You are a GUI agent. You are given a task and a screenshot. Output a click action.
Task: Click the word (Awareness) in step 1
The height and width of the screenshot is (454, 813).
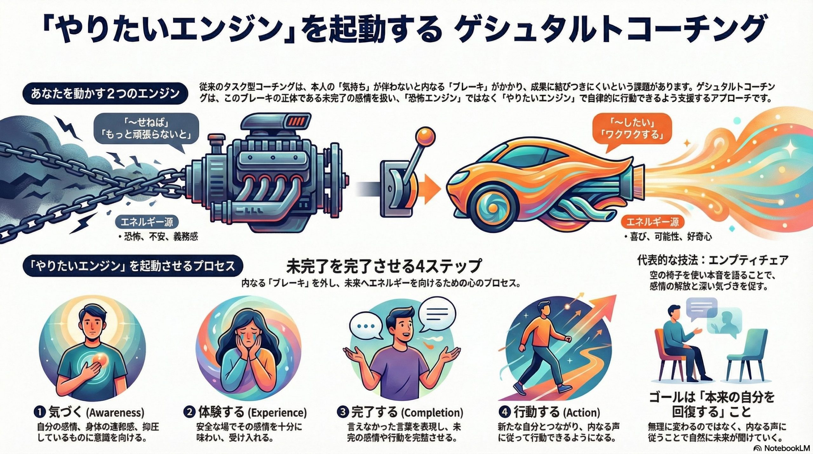tap(115, 413)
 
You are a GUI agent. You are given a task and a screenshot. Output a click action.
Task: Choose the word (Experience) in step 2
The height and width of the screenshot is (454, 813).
tap(277, 413)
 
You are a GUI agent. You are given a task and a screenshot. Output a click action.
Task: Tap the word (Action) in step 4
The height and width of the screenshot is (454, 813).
tap(582, 413)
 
